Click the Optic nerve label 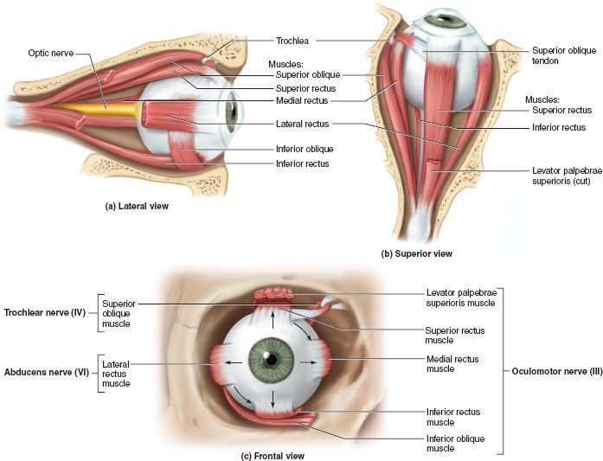(x=49, y=54)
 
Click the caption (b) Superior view (x=417, y=253)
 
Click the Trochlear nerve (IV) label (x=43, y=312)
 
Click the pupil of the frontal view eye (x=271, y=358)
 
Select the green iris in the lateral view (x=231, y=112)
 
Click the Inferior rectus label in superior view (x=559, y=128)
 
